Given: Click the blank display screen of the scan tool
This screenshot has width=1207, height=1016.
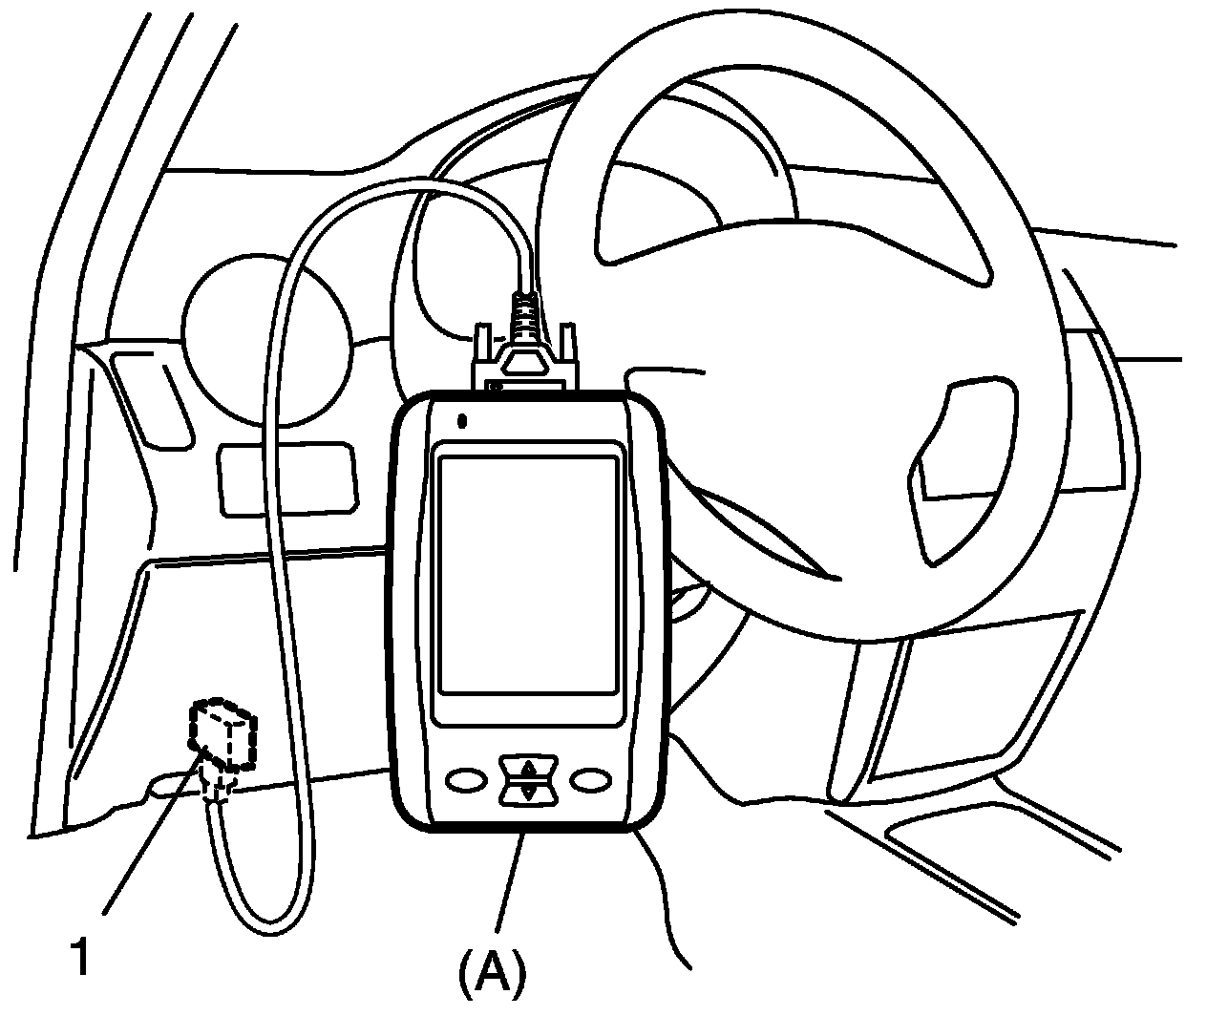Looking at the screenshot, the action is point(526,573).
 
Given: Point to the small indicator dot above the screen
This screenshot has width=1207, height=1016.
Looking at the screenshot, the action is point(463,419).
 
